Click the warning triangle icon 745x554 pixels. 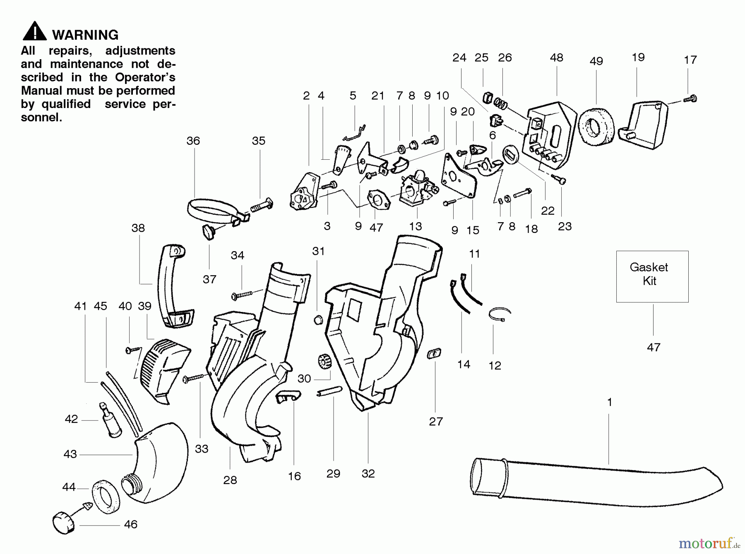point(35,31)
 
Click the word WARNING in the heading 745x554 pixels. point(85,35)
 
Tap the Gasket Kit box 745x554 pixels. point(652,276)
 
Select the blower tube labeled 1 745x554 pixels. point(596,482)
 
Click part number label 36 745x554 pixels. point(193,141)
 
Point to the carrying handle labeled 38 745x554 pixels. point(173,285)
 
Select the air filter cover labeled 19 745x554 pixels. point(644,124)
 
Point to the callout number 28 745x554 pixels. point(230,480)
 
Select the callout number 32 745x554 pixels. point(368,474)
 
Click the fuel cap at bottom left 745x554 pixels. point(65,522)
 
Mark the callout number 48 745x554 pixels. point(556,58)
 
